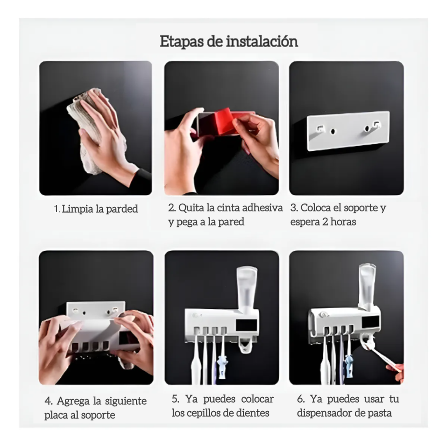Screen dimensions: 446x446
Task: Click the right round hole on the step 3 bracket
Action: pyautogui.click(x=367, y=129)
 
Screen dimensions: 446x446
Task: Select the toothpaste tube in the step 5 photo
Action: pyautogui.click(x=247, y=289)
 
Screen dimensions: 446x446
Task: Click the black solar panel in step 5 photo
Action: pyautogui.click(x=247, y=325)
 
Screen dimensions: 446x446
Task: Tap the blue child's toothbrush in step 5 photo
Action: pyautogui.click(x=223, y=363)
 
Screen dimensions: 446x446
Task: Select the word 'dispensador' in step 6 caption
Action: pyautogui.click(x=328, y=413)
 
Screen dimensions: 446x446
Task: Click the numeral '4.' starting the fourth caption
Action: pyautogui.click(x=49, y=401)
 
